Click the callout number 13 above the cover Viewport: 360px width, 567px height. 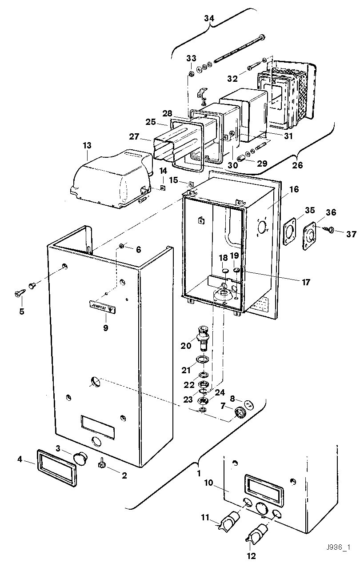pyautogui.click(x=87, y=145)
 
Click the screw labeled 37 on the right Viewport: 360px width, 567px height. pyautogui.click(x=330, y=230)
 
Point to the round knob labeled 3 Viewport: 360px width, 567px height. pyautogui.click(x=80, y=457)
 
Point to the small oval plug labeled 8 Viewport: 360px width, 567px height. pyautogui.click(x=249, y=404)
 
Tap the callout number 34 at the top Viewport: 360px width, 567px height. pyautogui.click(x=209, y=18)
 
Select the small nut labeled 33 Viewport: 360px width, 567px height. pyautogui.click(x=190, y=73)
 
